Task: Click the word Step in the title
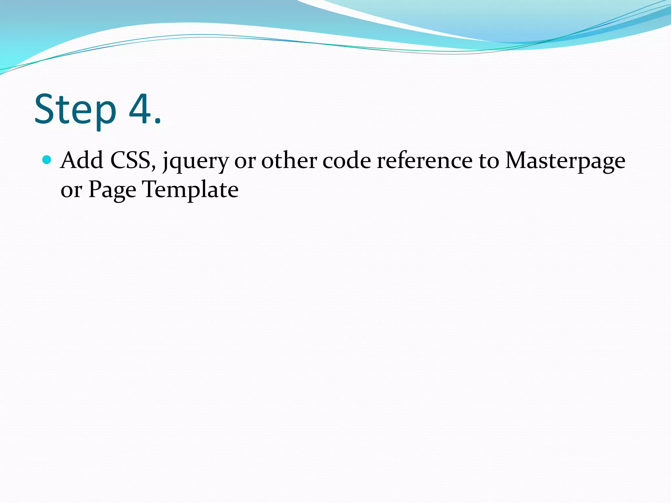point(75,110)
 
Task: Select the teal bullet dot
point(47,160)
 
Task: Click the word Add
point(82,160)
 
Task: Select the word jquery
point(195,162)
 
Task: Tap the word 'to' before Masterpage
point(489,161)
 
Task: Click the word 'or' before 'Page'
point(71,190)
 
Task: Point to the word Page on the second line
point(112,190)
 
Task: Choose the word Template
point(190,190)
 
